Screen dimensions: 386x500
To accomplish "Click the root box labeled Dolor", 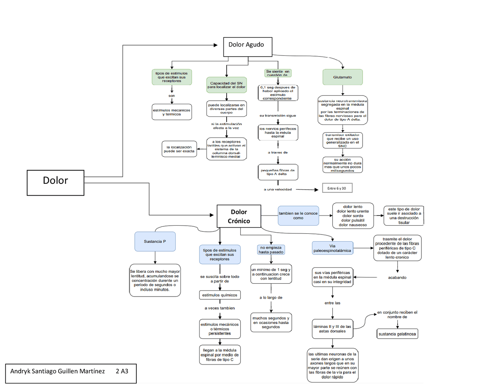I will point(55,183).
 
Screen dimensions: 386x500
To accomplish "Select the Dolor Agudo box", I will point(248,47).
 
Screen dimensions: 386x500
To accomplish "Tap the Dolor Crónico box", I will point(239,216).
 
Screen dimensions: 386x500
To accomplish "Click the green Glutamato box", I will point(343,77).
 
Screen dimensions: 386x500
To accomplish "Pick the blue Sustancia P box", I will point(155,242).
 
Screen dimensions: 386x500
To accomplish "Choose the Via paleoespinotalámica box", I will point(332,248).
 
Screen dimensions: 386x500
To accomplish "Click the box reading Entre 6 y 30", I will point(337,188).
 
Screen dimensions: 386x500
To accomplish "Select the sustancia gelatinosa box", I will point(397,334).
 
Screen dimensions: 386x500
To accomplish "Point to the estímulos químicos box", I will point(220,295).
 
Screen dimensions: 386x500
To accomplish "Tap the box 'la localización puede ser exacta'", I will point(179,149).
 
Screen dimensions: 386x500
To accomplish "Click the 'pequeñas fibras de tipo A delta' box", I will point(278,172).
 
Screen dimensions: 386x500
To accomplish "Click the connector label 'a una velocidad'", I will point(278,190).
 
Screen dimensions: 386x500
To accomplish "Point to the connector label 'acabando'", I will point(397,277).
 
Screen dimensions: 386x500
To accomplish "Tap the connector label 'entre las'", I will point(332,303).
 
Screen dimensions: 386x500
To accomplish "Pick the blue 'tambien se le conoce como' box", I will point(298,216).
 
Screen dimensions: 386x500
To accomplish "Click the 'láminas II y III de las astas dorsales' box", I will point(332,329).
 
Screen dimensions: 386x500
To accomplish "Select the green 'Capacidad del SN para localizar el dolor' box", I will point(227,85).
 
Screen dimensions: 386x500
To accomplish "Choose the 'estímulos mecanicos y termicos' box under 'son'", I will point(172,112).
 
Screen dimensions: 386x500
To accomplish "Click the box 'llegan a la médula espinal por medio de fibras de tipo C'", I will point(220,355).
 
